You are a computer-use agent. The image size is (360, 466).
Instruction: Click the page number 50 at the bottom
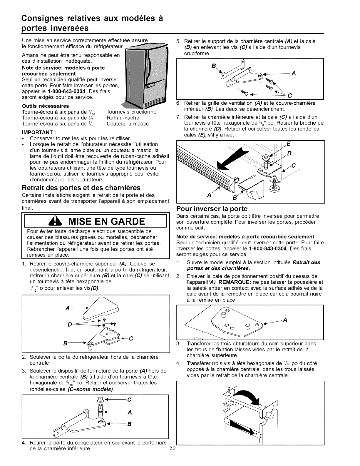click(173, 447)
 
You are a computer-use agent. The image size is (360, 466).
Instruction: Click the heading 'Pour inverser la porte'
click(212, 208)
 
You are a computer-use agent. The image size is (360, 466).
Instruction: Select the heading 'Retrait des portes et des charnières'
click(81, 188)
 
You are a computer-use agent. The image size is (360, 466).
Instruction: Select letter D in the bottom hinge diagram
click(289, 154)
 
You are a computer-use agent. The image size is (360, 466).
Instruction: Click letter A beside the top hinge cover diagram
click(68, 308)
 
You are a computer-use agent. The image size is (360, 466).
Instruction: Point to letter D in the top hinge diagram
click(69, 325)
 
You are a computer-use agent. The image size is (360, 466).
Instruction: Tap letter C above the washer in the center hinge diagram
click(129, 400)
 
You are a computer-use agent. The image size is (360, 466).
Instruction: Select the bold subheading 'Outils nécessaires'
click(46, 106)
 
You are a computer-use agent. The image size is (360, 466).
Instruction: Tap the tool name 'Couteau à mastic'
click(128, 124)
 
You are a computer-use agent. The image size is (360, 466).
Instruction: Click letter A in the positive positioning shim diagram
click(285, 320)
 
